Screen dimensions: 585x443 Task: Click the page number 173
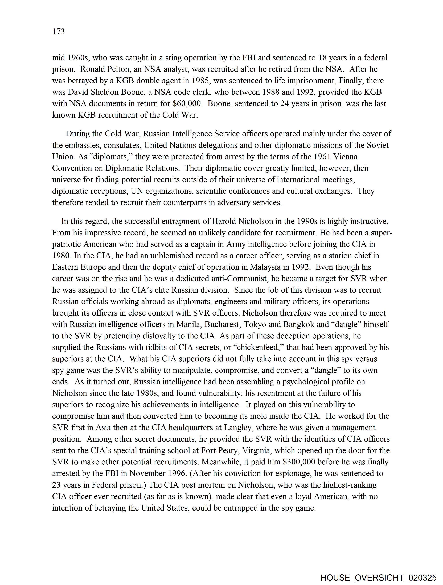(59, 32)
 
